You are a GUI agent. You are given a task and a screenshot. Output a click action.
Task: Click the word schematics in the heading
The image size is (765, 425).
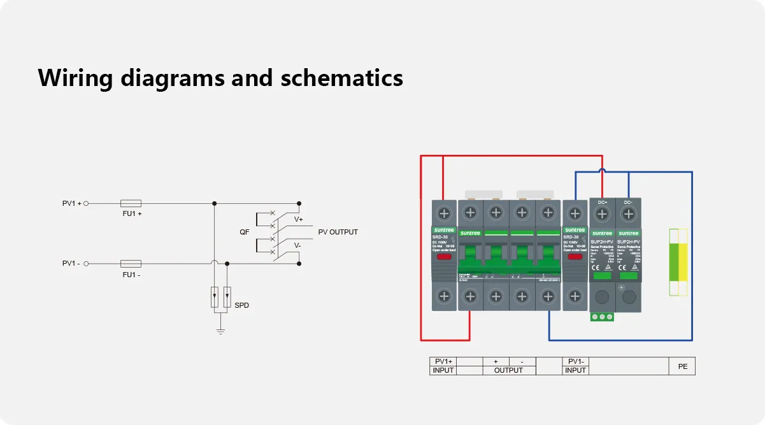[342, 78]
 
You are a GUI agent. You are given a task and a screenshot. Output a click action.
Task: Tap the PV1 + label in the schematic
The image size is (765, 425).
[71, 203]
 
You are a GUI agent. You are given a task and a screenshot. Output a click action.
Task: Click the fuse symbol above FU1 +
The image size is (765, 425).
[131, 203]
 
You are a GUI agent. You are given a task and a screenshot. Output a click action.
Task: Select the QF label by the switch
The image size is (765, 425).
[245, 232]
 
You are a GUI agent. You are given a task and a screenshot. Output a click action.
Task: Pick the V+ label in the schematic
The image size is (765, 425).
[298, 219]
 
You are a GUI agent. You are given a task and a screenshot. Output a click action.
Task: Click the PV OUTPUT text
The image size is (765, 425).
[338, 232]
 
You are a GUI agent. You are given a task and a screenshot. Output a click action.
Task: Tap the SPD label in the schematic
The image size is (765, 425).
[241, 305]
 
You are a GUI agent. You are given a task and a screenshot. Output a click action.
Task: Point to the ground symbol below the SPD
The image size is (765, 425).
[220, 330]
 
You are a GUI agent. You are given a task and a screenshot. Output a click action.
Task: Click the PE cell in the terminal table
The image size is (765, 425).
[682, 366]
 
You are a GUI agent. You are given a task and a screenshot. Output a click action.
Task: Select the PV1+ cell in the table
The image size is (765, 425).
[443, 361]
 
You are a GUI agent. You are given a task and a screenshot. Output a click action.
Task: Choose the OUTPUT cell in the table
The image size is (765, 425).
[508, 370]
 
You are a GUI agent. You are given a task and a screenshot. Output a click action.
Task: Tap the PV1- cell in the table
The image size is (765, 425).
[576, 361]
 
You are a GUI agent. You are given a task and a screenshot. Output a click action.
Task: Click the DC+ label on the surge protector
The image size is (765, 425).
[603, 203]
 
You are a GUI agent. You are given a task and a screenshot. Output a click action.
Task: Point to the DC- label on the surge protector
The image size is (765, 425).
[628, 203]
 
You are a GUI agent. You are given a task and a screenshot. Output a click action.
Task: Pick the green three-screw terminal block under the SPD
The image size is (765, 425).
[602, 317]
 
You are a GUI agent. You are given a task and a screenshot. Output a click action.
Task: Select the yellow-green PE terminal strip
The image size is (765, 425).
[678, 261]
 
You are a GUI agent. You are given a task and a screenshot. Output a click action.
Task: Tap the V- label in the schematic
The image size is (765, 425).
[297, 245]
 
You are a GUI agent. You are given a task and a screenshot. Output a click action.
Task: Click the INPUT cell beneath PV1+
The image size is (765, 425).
[443, 370]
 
